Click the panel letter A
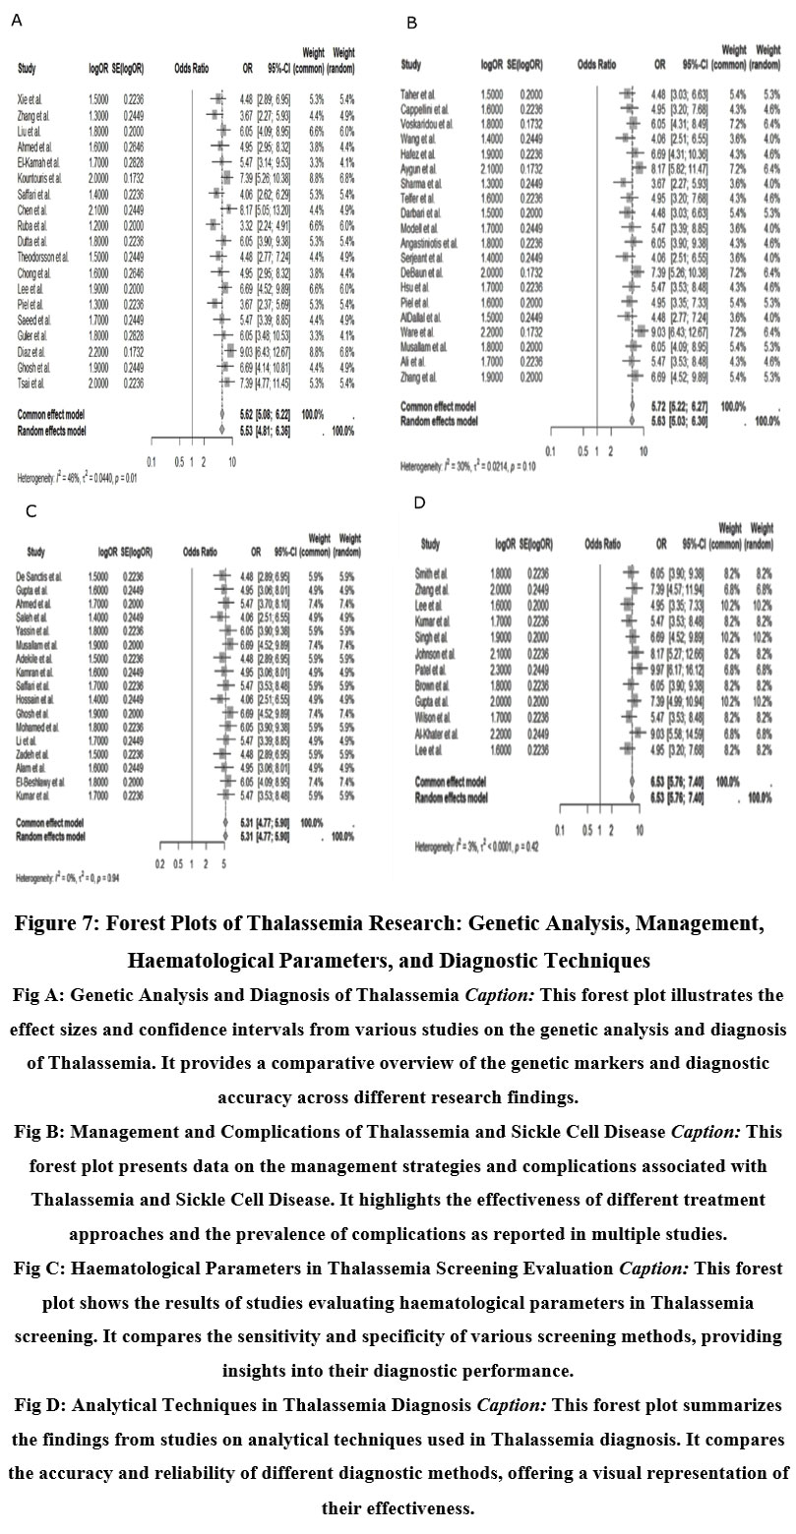point(15,19)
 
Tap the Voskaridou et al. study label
point(428,124)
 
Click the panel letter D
point(420,502)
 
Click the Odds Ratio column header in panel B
point(594,63)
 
